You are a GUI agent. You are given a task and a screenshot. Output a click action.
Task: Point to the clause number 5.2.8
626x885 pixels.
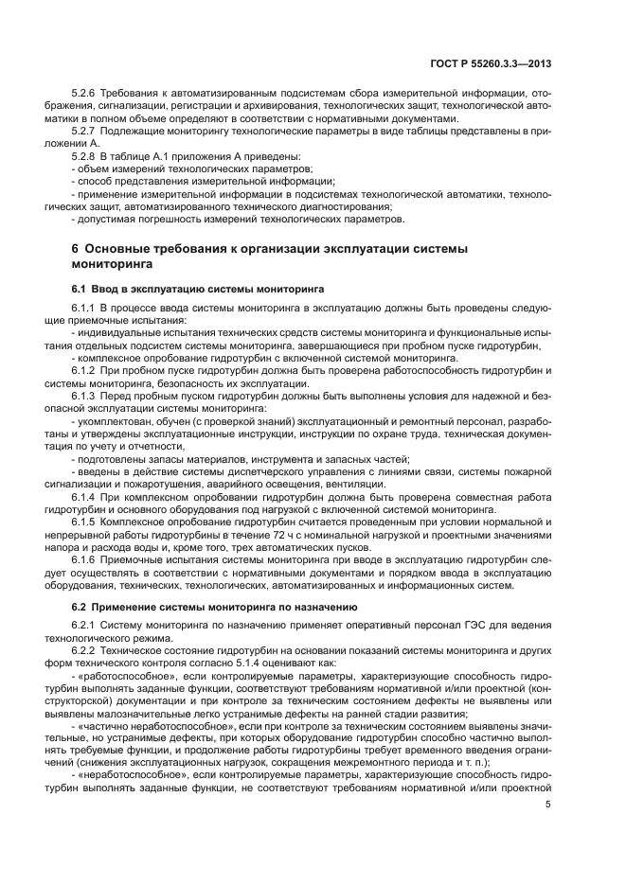pyautogui.click(x=86, y=154)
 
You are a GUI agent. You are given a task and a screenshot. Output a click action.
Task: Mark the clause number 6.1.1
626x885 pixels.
pyautogui.click(x=86, y=310)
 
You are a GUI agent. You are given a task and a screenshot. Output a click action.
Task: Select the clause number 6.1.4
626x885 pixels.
pyautogui.click(x=86, y=496)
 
